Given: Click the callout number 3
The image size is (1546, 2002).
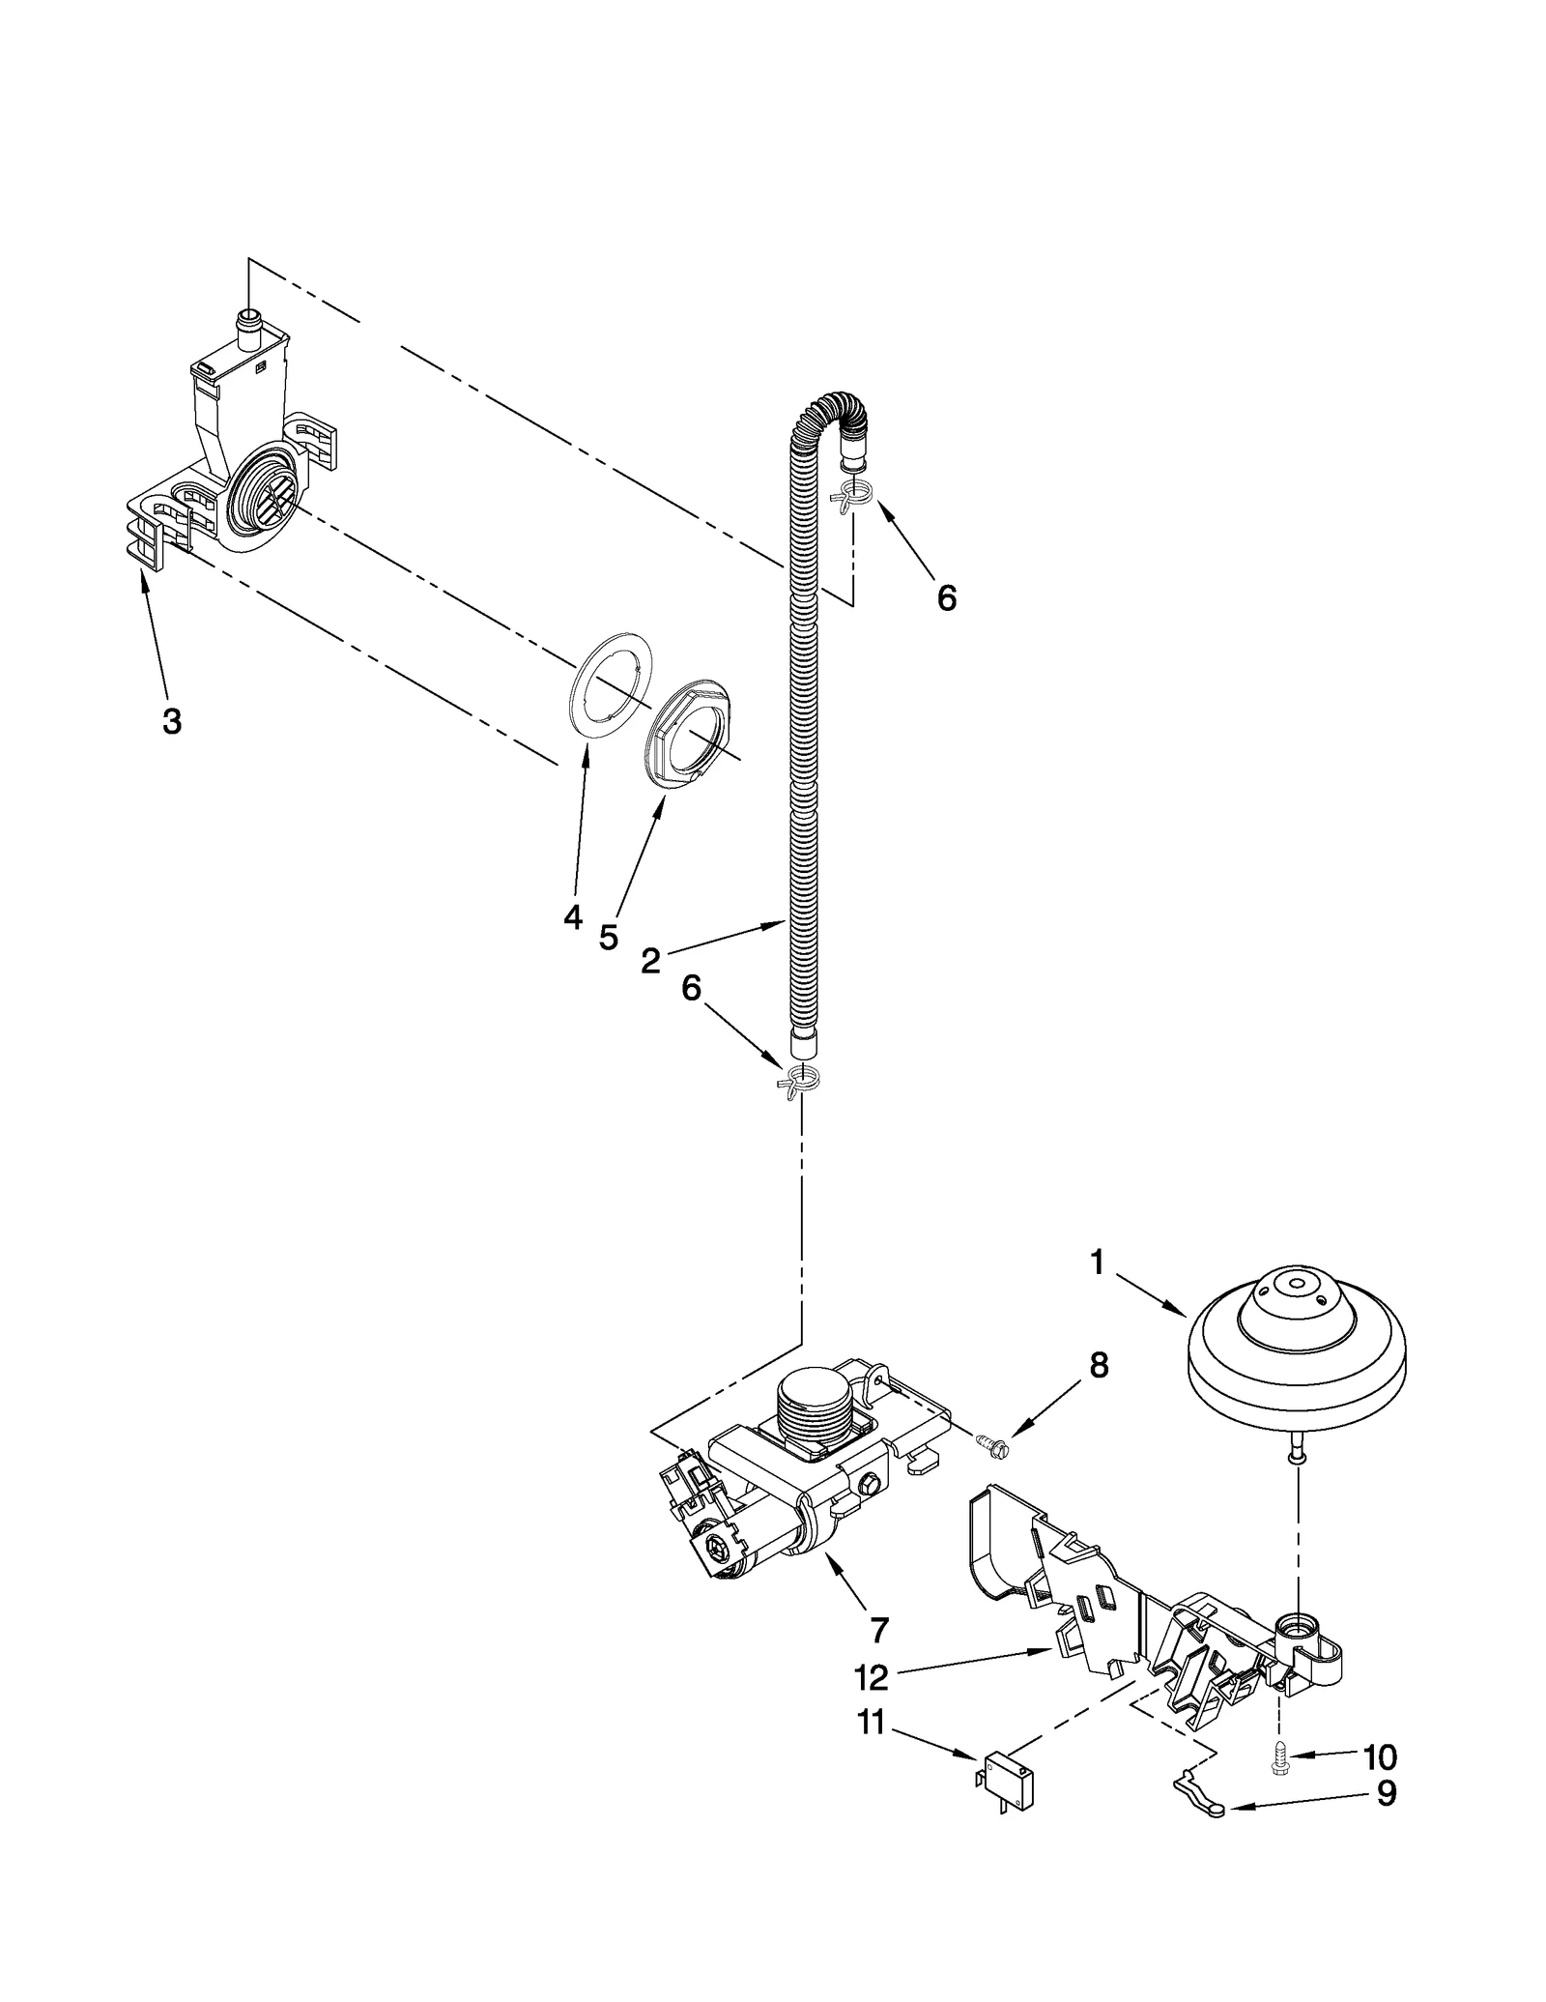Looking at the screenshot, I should click(x=172, y=720).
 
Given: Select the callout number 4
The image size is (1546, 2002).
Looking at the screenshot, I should click(x=574, y=916).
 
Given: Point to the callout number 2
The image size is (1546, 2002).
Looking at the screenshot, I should click(x=650, y=960).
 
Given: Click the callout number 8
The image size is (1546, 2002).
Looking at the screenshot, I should click(x=1099, y=1365).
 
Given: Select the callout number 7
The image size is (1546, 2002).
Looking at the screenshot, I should click(x=878, y=1630).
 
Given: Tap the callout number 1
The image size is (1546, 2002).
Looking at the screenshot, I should click(x=1097, y=1262).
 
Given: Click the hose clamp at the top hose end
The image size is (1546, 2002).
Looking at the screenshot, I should click(x=852, y=496).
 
